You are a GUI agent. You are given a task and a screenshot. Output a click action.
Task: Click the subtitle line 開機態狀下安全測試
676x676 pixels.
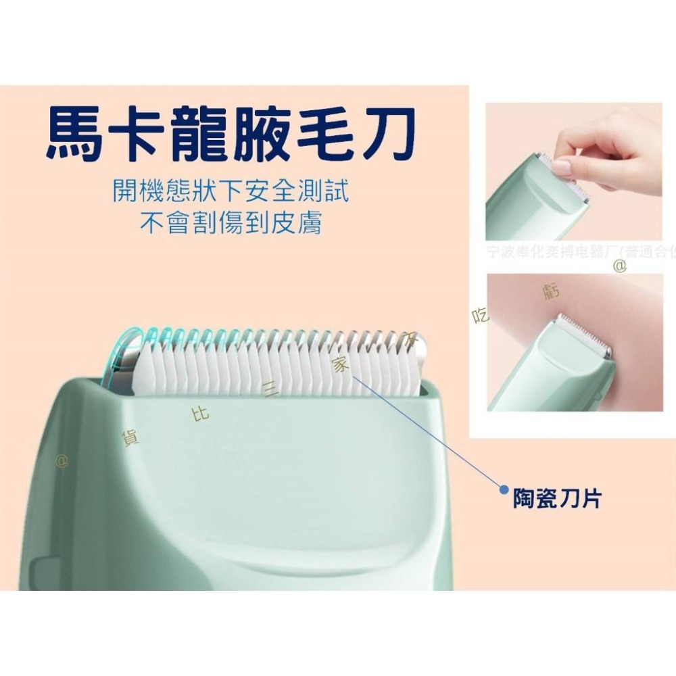click(x=231, y=192)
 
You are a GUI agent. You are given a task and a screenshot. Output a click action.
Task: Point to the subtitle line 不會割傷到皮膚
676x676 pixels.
click(x=231, y=223)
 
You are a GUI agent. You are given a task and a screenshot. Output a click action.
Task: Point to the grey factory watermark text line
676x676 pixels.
click(x=580, y=252)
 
